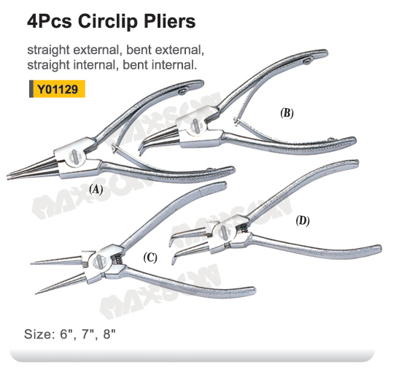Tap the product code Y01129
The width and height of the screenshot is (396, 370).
pos(58,89)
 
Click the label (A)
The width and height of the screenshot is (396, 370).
pos(96,189)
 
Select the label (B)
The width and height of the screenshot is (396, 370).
pos(287,113)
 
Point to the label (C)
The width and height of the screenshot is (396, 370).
pos(150,258)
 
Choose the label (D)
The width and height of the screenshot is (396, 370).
pos(303,221)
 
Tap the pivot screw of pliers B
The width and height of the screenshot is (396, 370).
pos(196,125)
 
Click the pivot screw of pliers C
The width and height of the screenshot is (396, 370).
pos(98,261)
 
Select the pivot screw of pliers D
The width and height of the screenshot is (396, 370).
pos(224,232)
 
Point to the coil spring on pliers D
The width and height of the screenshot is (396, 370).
pos(244,228)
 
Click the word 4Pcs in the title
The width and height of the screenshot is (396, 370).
pos(50,21)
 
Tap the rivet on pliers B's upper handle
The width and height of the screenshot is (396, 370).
pos(308,61)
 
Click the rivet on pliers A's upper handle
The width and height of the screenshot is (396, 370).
pos(182,91)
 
